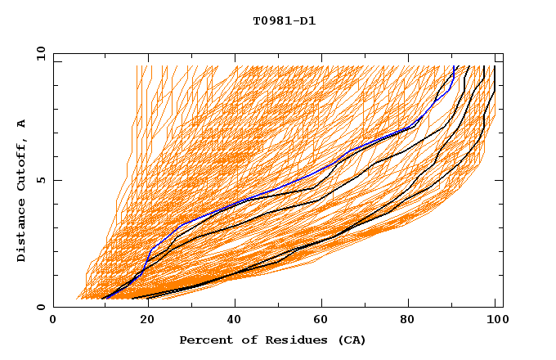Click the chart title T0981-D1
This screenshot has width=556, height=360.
pos(284,21)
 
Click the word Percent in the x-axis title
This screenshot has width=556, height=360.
pos(204,340)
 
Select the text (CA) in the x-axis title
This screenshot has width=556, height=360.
pos(351,340)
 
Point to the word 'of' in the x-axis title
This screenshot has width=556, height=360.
pos(247,340)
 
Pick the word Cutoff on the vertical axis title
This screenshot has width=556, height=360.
pos(22,159)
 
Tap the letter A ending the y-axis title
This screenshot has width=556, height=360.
pos(22,123)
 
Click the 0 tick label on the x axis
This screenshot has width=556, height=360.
pos(53,321)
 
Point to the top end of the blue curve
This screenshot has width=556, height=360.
pos(454,67)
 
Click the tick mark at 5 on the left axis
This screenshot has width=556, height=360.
pos(56,180)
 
